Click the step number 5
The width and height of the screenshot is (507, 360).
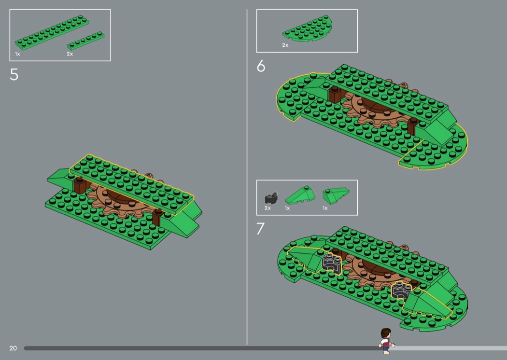14,74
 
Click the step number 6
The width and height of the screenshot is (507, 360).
261,66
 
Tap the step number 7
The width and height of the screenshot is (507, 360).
260,228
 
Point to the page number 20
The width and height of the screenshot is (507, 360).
13,348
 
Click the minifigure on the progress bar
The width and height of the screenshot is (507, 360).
386,341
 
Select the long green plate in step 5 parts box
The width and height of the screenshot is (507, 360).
52,32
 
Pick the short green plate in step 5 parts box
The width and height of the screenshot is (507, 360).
85,40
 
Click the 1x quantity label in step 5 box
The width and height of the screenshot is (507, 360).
17,54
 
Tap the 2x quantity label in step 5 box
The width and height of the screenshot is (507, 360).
70,54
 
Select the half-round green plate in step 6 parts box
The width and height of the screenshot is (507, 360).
307,29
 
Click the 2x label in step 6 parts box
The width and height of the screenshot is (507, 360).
285,45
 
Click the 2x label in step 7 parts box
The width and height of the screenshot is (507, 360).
268,208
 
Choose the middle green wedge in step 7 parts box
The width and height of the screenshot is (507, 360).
300,195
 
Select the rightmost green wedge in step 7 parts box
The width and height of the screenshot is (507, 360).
336,195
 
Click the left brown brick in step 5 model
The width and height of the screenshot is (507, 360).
80,185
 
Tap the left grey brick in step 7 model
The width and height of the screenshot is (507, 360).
332,263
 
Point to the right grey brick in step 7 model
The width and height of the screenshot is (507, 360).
401,290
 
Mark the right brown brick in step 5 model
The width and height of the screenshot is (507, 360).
157,217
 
